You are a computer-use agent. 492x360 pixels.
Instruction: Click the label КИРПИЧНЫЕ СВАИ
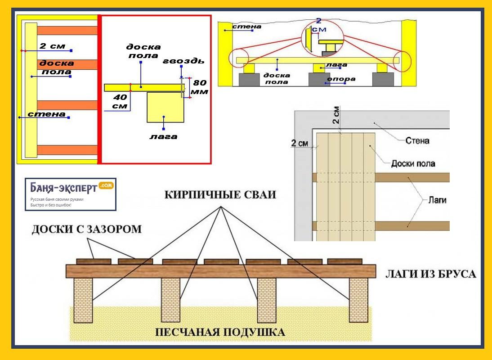pos(220,195)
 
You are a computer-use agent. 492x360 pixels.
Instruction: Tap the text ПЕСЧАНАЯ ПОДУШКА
pos(220,332)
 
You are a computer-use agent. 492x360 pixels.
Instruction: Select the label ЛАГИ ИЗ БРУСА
pos(430,274)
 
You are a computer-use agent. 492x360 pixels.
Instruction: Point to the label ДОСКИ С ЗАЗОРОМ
pos(87,229)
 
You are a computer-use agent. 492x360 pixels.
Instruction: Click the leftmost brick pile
pos(83,300)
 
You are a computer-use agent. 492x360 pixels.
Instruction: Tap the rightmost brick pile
pos(358,300)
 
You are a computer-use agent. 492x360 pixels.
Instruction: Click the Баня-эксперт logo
pos(71,194)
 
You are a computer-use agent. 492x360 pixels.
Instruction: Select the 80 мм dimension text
pos(200,87)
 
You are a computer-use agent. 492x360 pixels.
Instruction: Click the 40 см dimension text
pos(120,102)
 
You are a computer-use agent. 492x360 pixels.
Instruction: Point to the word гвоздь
pos(183,61)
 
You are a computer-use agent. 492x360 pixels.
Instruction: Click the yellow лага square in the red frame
pos(165,107)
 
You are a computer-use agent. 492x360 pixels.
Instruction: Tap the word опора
pos(341,79)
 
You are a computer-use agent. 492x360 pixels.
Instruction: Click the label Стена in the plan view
pos(417,140)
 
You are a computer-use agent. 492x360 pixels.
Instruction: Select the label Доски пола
pos(413,163)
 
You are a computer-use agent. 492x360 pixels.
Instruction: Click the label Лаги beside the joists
pos(438,200)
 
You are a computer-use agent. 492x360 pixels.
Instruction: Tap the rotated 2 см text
pos(336,115)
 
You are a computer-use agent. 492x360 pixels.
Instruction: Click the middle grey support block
pos(319,79)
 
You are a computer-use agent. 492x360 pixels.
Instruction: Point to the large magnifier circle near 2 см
pos(322,39)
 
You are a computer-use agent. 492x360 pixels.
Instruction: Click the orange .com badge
pos(106,185)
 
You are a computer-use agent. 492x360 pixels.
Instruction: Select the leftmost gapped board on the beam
pos(94,262)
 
